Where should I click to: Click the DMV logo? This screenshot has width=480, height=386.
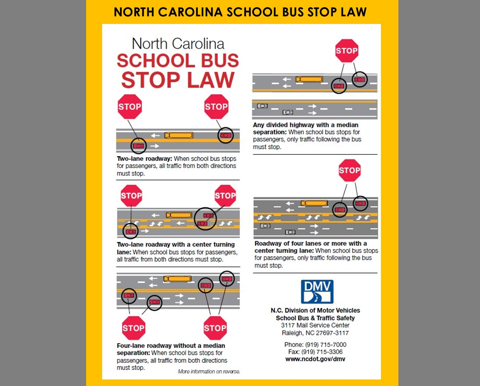(x=317, y=292)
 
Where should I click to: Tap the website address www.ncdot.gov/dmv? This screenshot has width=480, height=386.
(x=315, y=359)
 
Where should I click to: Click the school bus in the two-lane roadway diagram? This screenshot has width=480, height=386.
(x=179, y=135)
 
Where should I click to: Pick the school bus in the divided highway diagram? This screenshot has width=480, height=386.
(x=309, y=79)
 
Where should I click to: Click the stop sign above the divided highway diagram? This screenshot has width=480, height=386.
(x=347, y=51)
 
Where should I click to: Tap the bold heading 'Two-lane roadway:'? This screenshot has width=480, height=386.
(x=145, y=159)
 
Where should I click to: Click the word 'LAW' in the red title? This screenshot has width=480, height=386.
(x=211, y=80)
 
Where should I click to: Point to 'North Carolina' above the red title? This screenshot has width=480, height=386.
(x=178, y=44)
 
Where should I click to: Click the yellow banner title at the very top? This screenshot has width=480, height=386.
(x=240, y=12)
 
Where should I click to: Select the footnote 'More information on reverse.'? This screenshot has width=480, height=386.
(x=209, y=372)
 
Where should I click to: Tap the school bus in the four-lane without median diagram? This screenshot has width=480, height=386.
(x=177, y=279)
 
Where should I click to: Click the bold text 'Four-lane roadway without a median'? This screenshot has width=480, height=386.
(x=171, y=346)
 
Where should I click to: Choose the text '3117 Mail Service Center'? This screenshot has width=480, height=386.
(x=315, y=325)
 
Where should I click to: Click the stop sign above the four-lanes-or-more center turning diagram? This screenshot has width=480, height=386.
(x=349, y=170)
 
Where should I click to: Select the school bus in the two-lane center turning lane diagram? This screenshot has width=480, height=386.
(x=179, y=215)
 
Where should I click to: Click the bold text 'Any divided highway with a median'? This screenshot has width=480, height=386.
(x=305, y=125)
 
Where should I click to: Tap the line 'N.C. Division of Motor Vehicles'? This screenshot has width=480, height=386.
(x=315, y=310)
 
